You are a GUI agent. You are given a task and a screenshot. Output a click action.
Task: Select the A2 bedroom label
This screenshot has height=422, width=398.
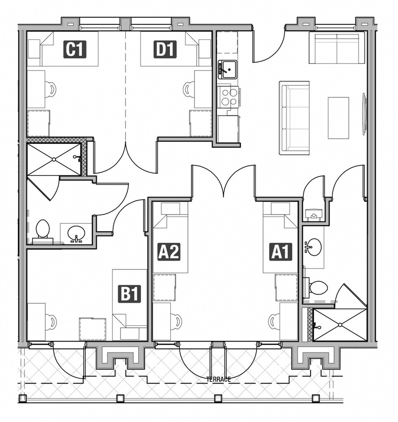(x=169, y=252)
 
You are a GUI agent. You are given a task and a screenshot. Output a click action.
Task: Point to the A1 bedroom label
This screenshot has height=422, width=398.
(x=281, y=252)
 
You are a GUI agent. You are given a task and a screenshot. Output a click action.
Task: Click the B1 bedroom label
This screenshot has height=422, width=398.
(x=130, y=294)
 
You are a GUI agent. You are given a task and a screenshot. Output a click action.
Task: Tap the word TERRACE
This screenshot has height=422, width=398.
(x=218, y=380)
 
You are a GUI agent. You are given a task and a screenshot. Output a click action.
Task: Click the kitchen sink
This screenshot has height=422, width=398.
(x=227, y=69)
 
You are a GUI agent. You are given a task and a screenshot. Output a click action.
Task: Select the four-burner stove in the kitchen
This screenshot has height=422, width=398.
(x=228, y=96)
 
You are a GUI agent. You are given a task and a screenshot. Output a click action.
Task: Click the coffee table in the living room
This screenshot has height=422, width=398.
(x=338, y=118)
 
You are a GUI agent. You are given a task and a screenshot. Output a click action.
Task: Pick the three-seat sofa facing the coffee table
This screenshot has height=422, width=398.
(x=294, y=118)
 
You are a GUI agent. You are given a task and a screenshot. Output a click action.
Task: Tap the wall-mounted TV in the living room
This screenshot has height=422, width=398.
(x=364, y=114)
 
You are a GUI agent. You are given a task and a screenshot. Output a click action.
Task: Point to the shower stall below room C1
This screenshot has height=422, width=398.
(x=54, y=159)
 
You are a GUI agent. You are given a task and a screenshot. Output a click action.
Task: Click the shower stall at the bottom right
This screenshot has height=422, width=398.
(x=340, y=325)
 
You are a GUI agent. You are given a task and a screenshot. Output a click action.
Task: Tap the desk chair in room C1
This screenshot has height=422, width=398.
(x=50, y=89)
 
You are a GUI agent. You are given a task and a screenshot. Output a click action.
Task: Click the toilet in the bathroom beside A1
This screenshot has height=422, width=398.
(x=317, y=287)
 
